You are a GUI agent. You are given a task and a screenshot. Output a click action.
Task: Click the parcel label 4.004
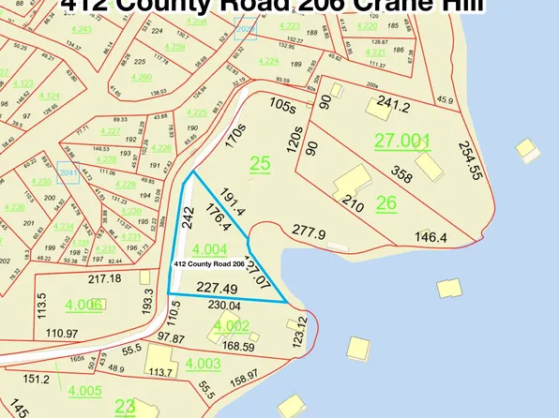(x=209, y=249)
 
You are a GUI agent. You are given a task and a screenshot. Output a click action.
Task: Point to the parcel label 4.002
(x=231, y=325)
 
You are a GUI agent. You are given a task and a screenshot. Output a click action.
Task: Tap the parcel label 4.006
(x=84, y=305)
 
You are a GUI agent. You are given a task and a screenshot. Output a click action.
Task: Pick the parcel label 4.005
(x=83, y=391)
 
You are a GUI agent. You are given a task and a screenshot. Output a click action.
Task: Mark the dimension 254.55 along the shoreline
(x=472, y=160)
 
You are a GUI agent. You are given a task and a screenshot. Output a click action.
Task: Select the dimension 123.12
(x=299, y=335)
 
